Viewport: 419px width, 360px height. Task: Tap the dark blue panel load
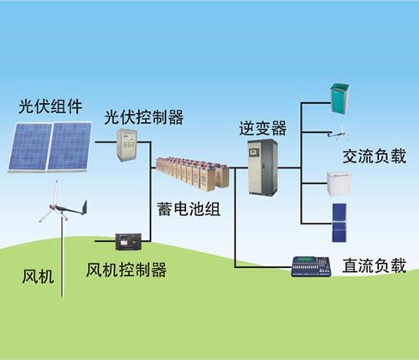point(341,218)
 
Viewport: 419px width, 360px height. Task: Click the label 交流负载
point(374,157)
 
